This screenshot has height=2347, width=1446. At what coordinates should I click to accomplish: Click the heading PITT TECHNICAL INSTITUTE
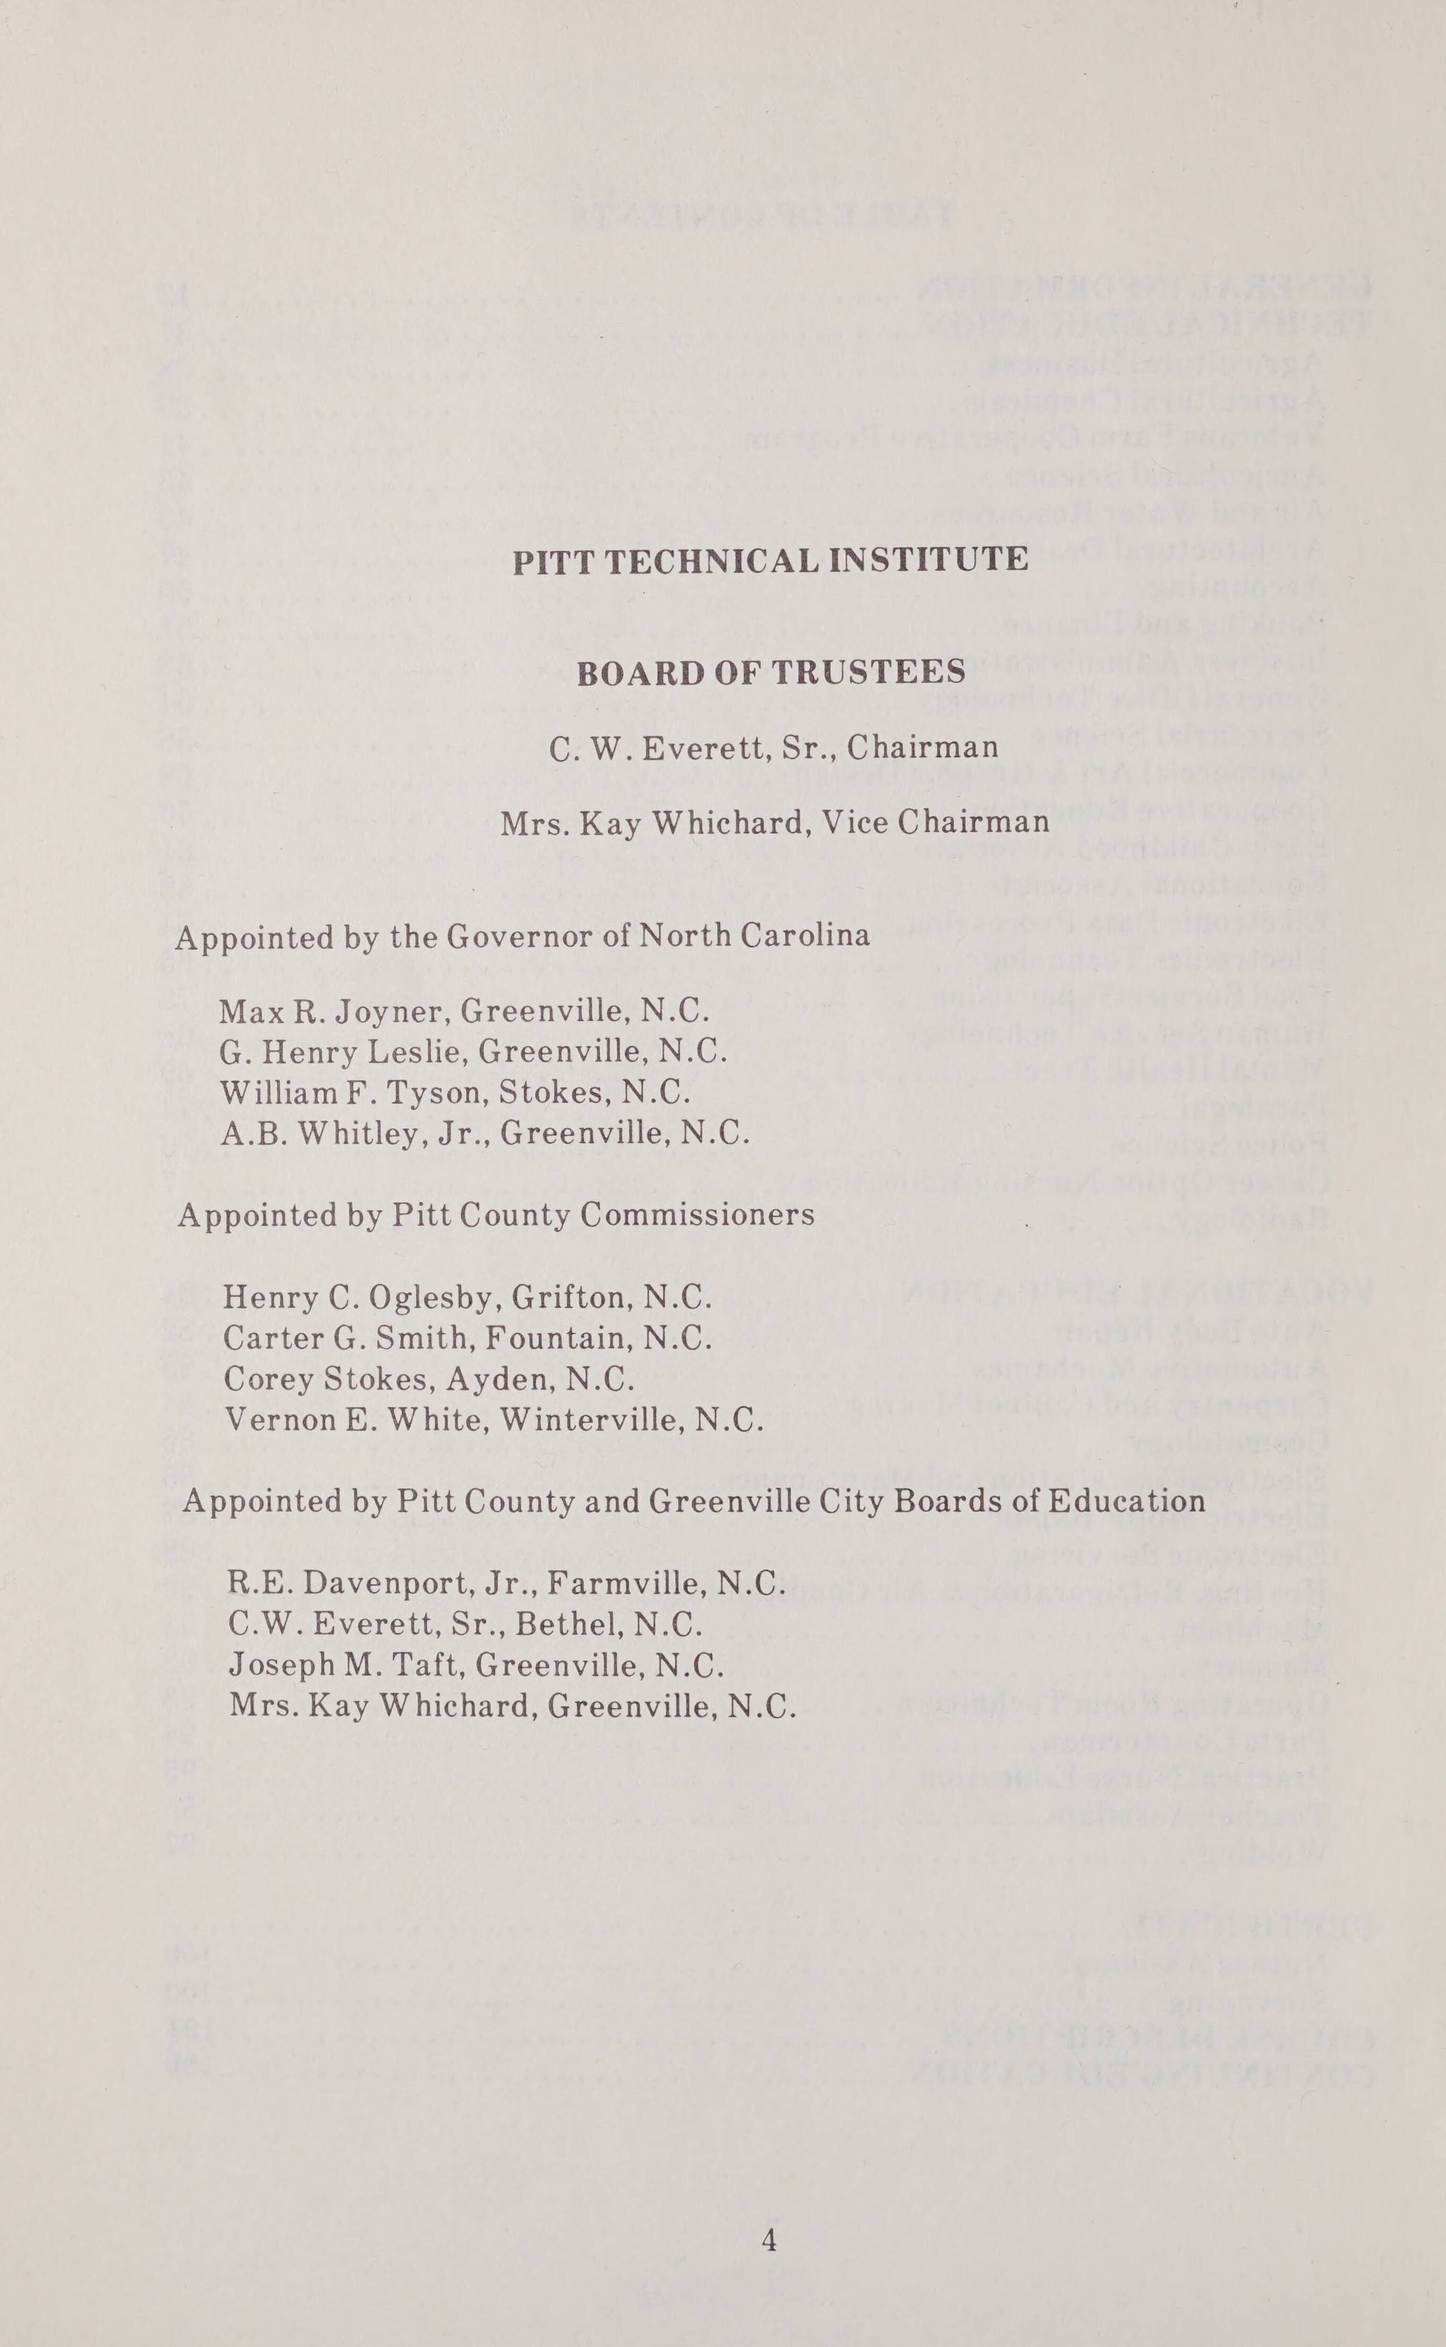(771, 559)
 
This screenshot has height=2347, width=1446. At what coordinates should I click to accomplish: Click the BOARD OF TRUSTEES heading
(771, 673)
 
